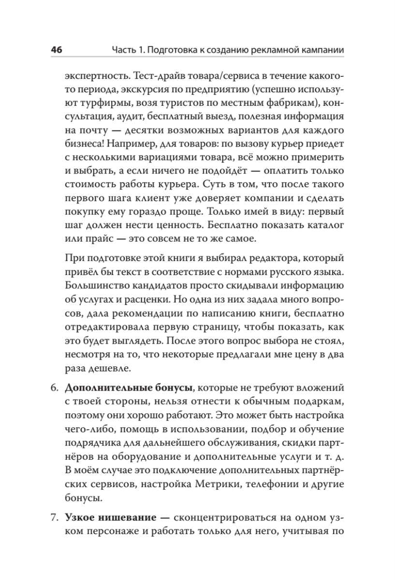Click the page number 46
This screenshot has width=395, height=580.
click(56, 50)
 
